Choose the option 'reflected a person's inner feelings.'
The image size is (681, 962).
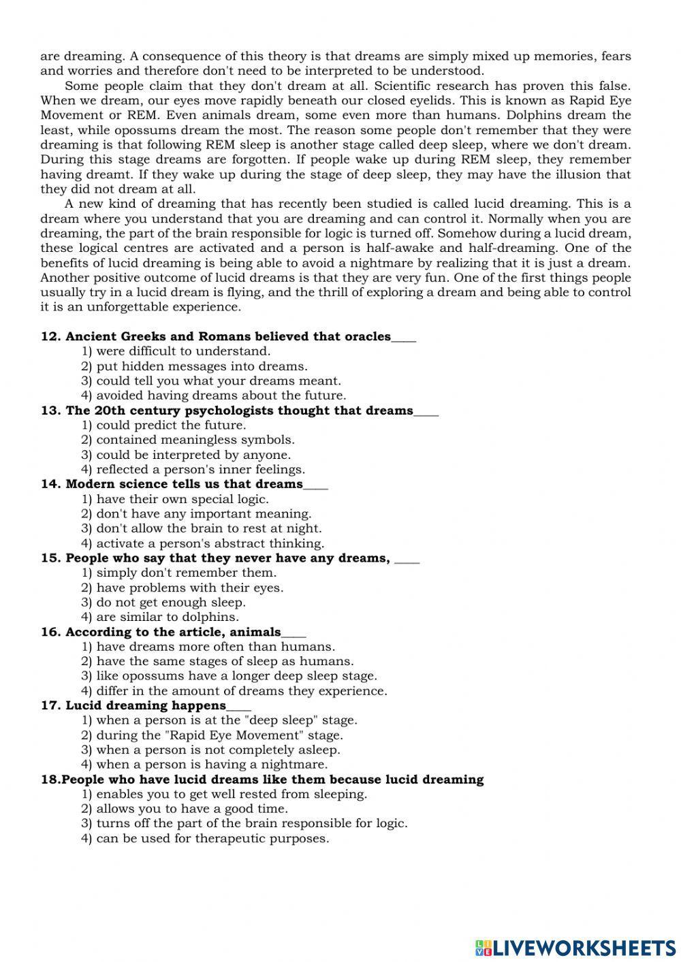(x=200, y=469)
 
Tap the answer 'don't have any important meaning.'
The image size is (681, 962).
(x=203, y=514)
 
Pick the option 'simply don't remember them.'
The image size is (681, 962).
(x=186, y=573)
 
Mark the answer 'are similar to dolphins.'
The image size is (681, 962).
(x=167, y=617)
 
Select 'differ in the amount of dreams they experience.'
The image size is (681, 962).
(x=241, y=690)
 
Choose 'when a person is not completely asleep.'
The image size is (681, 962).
(x=217, y=750)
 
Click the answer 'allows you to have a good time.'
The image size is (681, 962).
(x=191, y=809)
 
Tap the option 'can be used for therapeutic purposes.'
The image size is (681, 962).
(x=212, y=838)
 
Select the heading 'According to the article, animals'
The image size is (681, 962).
(x=173, y=632)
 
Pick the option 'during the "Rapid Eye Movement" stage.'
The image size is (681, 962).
(x=219, y=735)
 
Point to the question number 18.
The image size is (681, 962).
(x=50, y=780)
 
